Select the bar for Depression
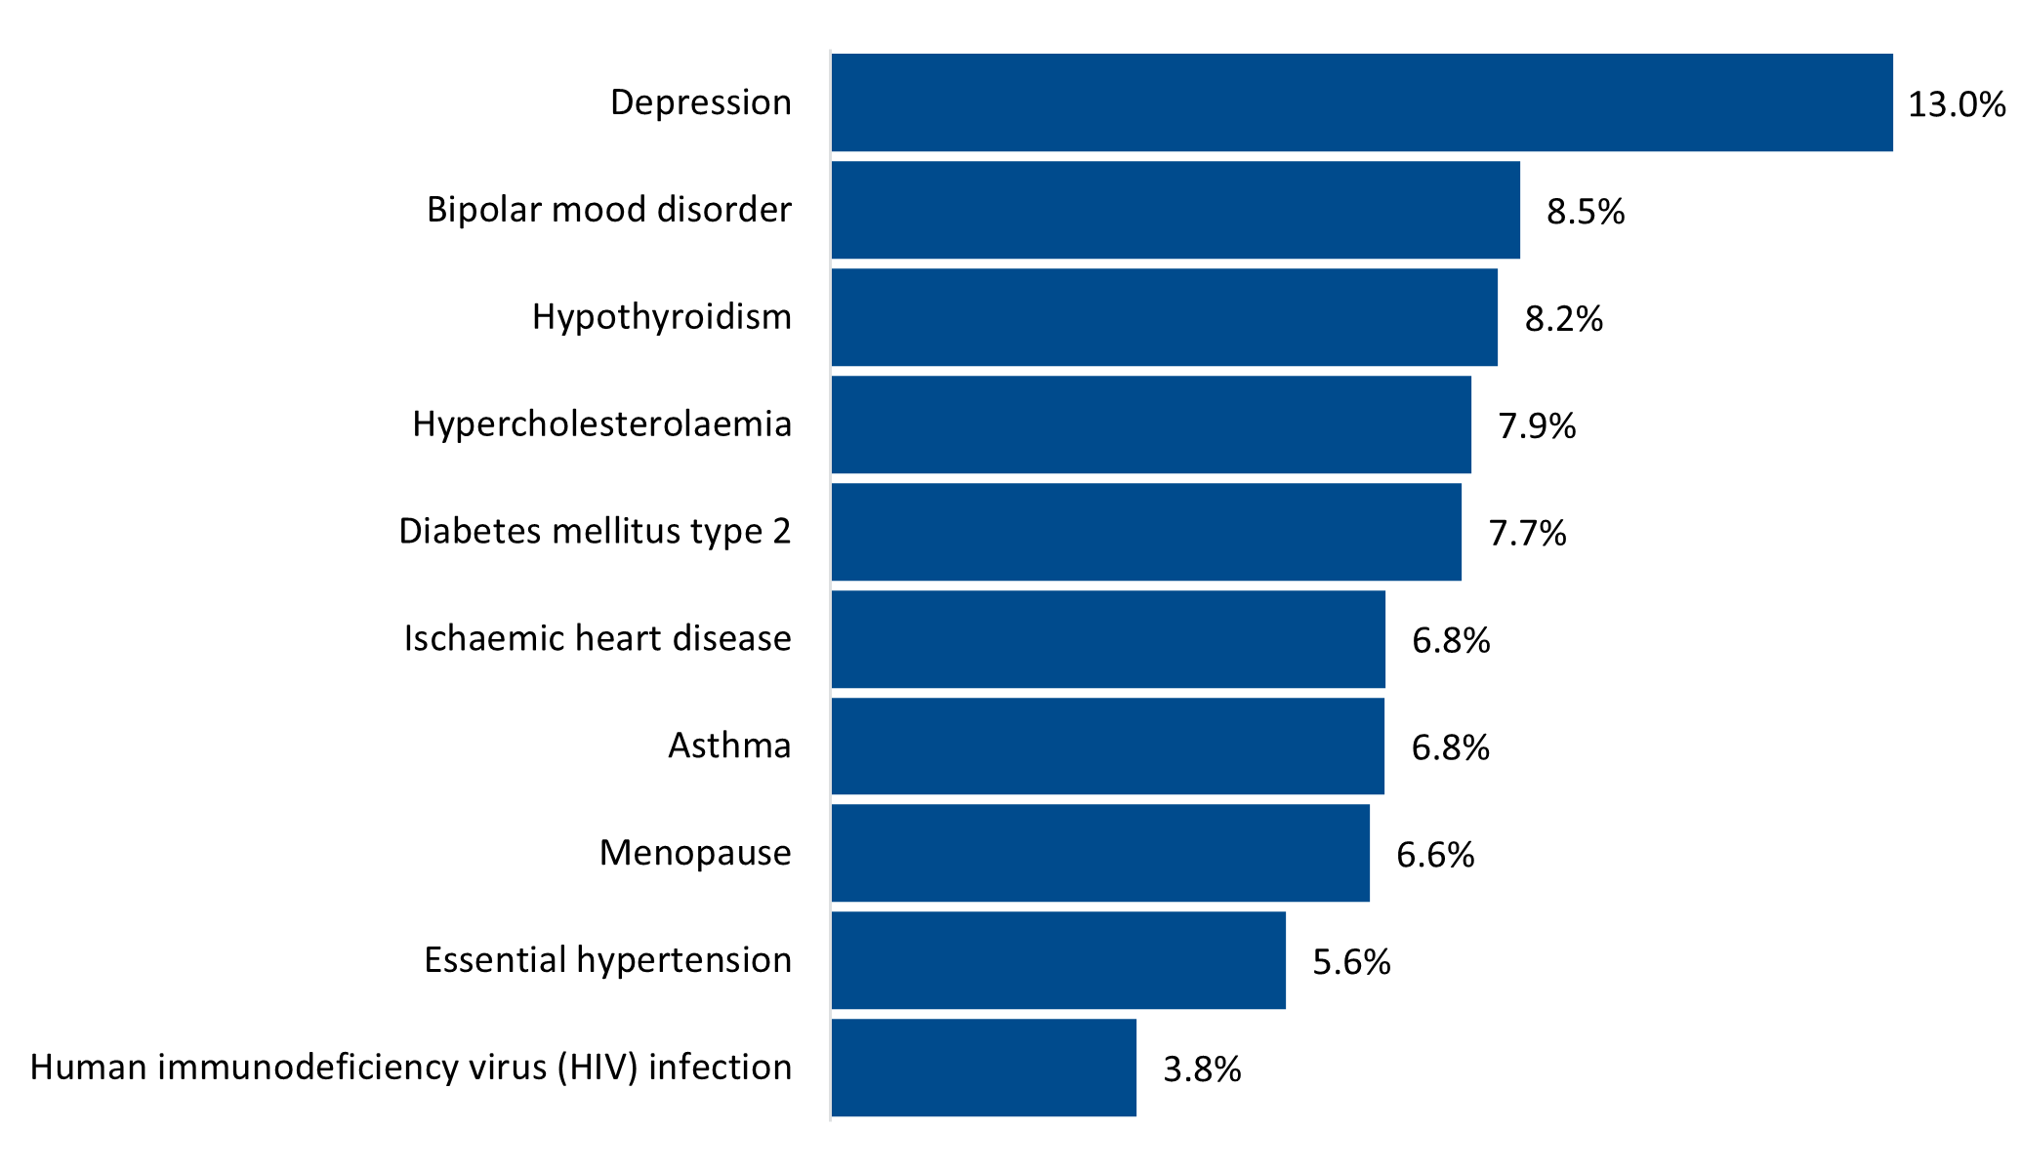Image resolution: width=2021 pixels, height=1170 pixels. click(1362, 102)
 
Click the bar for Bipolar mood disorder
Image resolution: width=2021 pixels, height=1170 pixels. click(1175, 210)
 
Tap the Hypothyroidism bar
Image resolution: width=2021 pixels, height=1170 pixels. click(1164, 317)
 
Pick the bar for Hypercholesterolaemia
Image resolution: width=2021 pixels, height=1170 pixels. click(1151, 424)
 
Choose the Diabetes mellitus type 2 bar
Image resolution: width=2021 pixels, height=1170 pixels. click(1146, 532)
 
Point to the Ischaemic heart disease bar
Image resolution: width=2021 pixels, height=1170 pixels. click(1108, 639)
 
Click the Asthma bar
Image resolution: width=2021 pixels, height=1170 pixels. click(1108, 746)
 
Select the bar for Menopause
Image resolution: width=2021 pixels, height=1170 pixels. click(1100, 853)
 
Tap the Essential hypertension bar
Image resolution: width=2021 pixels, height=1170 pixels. click(1058, 960)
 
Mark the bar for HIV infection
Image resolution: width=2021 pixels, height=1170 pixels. click(984, 1068)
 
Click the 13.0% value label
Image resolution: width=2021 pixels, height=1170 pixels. click(1957, 104)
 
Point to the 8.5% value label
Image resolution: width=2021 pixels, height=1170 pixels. click(1586, 212)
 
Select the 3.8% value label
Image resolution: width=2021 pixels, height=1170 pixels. click(1202, 1070)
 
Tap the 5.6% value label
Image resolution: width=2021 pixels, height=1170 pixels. click(1351, 963)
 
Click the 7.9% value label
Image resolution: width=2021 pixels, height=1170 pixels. click(1537, 426)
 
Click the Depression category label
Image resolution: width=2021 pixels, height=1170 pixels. click(700, 102)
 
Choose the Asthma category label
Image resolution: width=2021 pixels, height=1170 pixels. click(729, 746)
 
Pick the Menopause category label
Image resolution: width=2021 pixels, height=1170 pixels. click(694, 854)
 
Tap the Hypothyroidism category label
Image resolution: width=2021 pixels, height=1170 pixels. click(661, 317)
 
